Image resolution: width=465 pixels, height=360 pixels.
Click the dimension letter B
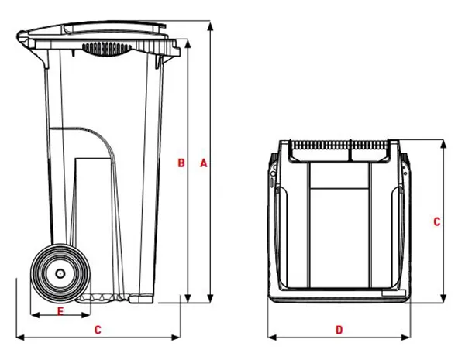coord(181,163)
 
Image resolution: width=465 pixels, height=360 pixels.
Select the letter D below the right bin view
coord(339,330)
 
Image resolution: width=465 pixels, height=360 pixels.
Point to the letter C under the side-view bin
coord(97,330)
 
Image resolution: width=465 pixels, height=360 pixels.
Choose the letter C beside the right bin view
coord(437,221)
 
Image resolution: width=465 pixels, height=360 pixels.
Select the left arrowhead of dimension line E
coord(33,315)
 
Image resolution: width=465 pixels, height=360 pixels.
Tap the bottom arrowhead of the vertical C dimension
coord(444,302)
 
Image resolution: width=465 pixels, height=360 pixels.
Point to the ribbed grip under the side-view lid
coord(107,49)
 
